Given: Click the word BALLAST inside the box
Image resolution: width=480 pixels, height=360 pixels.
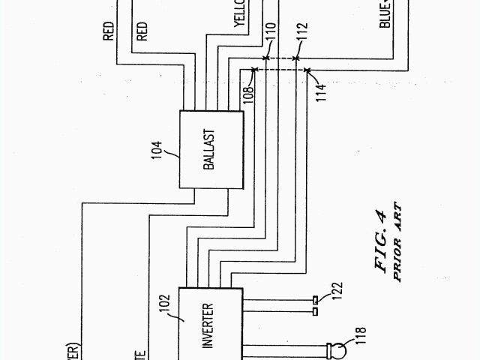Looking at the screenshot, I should (x=209, y=150).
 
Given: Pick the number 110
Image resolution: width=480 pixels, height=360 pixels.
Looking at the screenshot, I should (x=268, y=33).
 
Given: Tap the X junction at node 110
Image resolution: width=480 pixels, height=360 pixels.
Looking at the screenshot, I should (x=267, y=58).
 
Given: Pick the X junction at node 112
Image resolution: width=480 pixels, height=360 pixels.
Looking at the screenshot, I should (x=298, y=58).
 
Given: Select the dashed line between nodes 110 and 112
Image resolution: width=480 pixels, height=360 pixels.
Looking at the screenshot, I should (x=282, y=58).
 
